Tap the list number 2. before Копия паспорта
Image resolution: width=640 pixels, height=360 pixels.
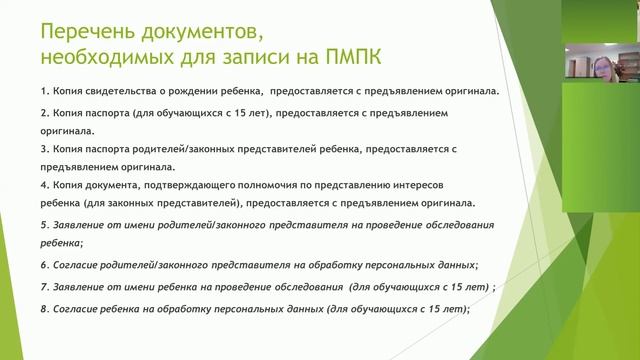click(45, 114)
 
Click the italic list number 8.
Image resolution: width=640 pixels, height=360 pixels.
click(45, 309)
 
